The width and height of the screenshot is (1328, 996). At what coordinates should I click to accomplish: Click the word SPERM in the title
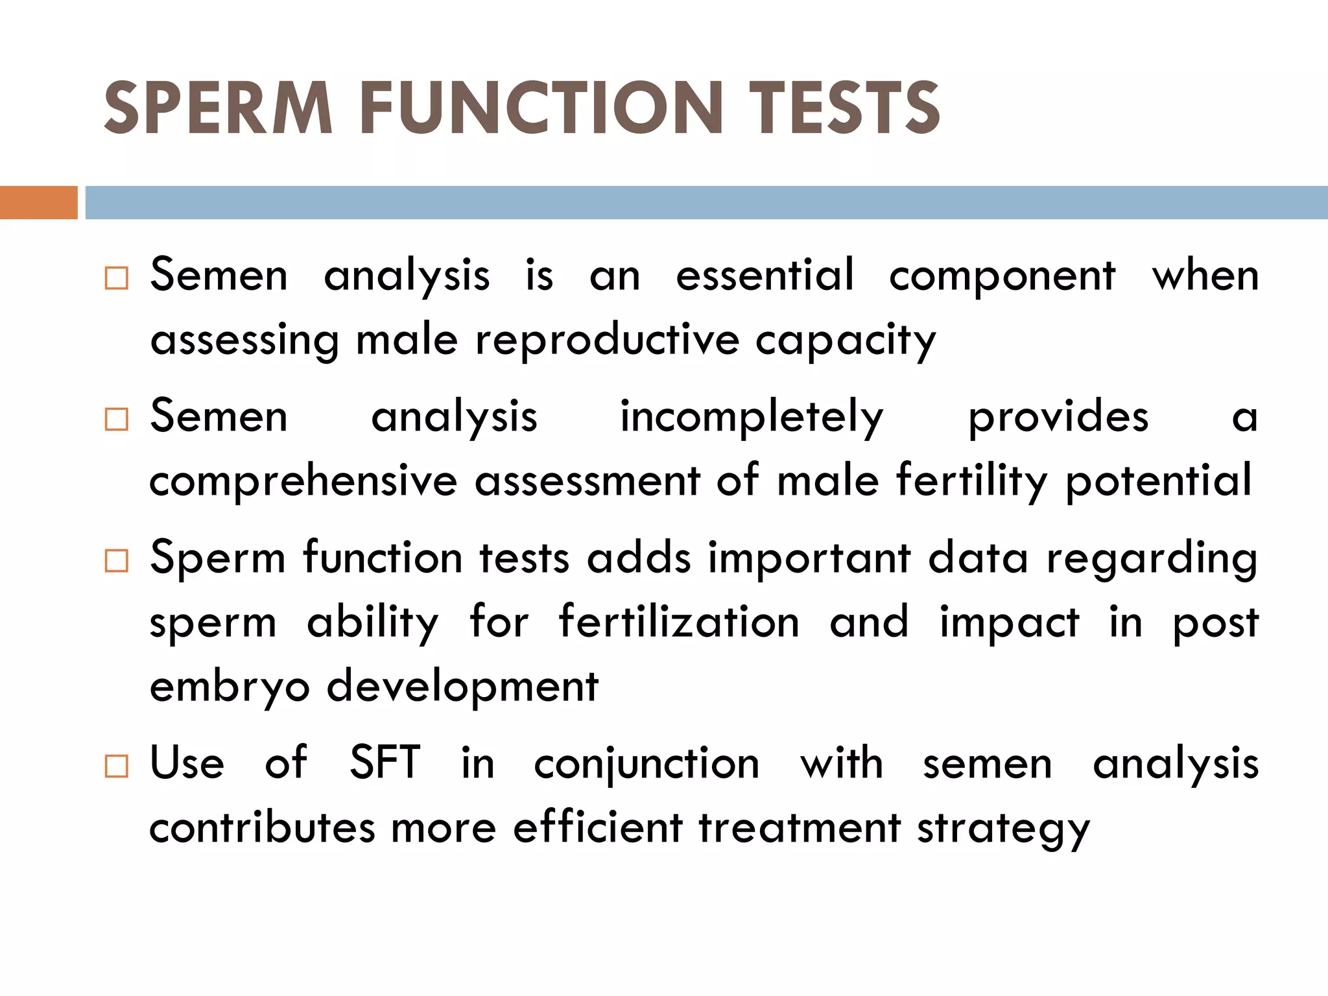[x=219, y=108]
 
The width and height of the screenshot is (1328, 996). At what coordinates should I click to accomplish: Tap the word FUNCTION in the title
[x=541, y=108]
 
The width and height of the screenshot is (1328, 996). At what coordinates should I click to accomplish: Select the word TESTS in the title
[x=844, y=108]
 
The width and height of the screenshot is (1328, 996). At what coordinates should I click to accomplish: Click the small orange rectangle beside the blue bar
[x=38, y=202]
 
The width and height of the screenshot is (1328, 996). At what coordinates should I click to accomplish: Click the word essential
[x=765, y=275]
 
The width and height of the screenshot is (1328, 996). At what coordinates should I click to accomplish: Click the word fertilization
[x=679, y=622]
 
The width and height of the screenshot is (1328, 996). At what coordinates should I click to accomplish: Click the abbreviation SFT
[x=385, y=763]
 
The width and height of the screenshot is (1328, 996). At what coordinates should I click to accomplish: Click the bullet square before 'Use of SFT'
[x=117, y=766]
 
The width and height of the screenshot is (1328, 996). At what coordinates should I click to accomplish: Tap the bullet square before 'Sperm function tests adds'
[x=117, y=560]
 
